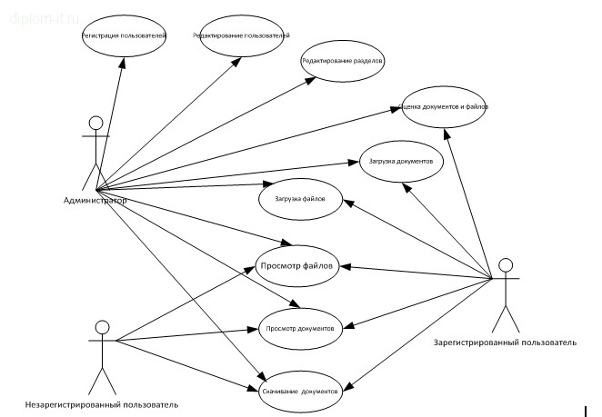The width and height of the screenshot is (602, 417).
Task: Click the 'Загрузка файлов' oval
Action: [300, 197]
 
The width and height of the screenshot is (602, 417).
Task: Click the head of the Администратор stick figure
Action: [94, 123]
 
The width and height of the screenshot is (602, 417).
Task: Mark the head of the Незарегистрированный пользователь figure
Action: [103, 327]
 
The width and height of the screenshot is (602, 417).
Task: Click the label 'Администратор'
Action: [95, 199]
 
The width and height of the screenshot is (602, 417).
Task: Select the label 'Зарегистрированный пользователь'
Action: [507, 343]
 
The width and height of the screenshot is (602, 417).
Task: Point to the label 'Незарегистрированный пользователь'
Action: [102, 404]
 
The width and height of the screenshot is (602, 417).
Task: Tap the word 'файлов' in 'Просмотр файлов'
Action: [321, 266]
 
